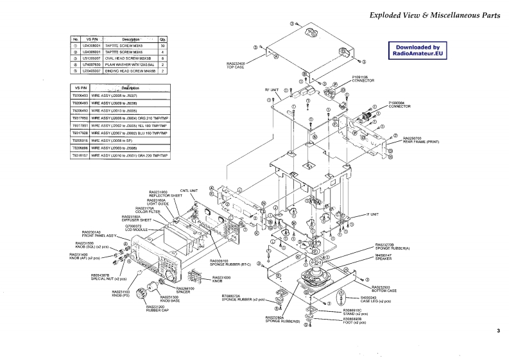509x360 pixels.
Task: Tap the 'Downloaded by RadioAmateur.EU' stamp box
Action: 418,51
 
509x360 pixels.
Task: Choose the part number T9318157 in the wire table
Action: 80,155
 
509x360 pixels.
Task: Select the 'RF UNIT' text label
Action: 272,90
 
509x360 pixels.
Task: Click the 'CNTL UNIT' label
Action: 188,191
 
